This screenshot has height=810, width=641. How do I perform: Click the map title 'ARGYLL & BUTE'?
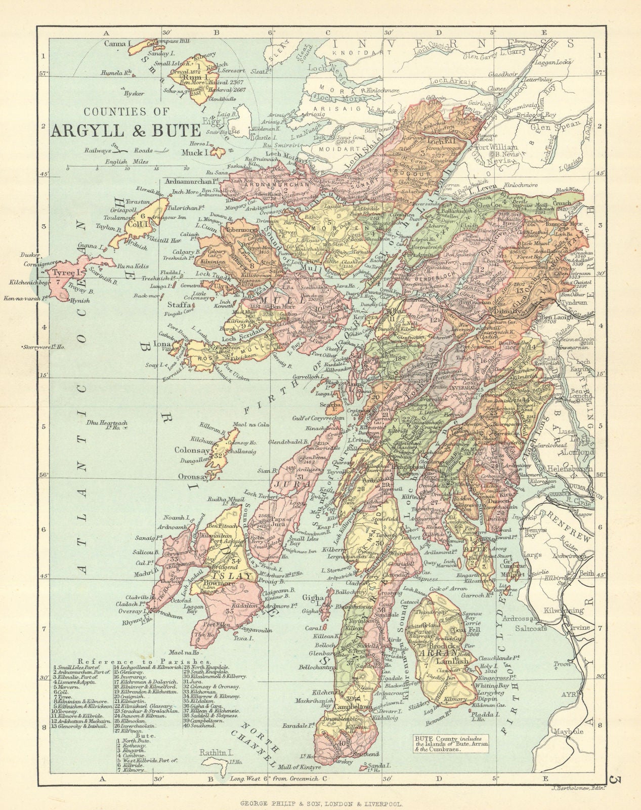(126, 130)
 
